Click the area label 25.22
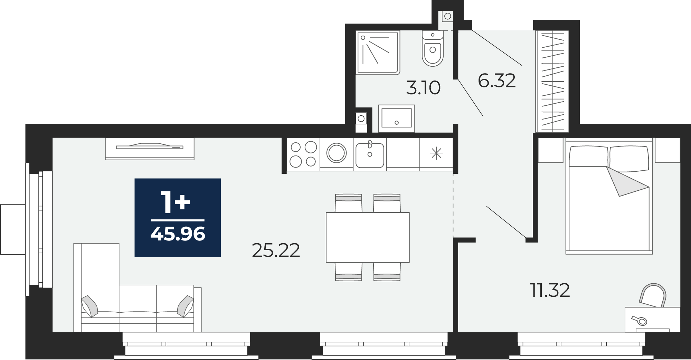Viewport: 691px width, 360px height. [x=276, y=250]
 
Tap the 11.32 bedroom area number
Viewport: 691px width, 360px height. [x=550, y=290]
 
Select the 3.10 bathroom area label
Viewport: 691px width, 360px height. [x=423, y=88]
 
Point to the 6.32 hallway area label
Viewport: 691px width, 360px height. [x=496, y=81]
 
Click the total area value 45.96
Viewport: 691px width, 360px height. [x=178, y=234]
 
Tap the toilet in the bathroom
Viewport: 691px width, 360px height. [x=433, y=48]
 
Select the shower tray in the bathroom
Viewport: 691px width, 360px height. [x=378, y=53]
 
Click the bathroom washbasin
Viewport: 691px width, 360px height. [x=397, y=119]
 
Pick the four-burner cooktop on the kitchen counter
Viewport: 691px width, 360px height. [x=303, y=154]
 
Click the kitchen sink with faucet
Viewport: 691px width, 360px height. [x=370, y=154]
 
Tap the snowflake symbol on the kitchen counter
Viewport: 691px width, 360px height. [x=436, y=153]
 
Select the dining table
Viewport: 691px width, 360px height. [x=368, y=237]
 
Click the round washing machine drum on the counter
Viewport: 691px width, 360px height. [x=337, y=153]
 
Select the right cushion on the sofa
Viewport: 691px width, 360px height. [x=186, y=306]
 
